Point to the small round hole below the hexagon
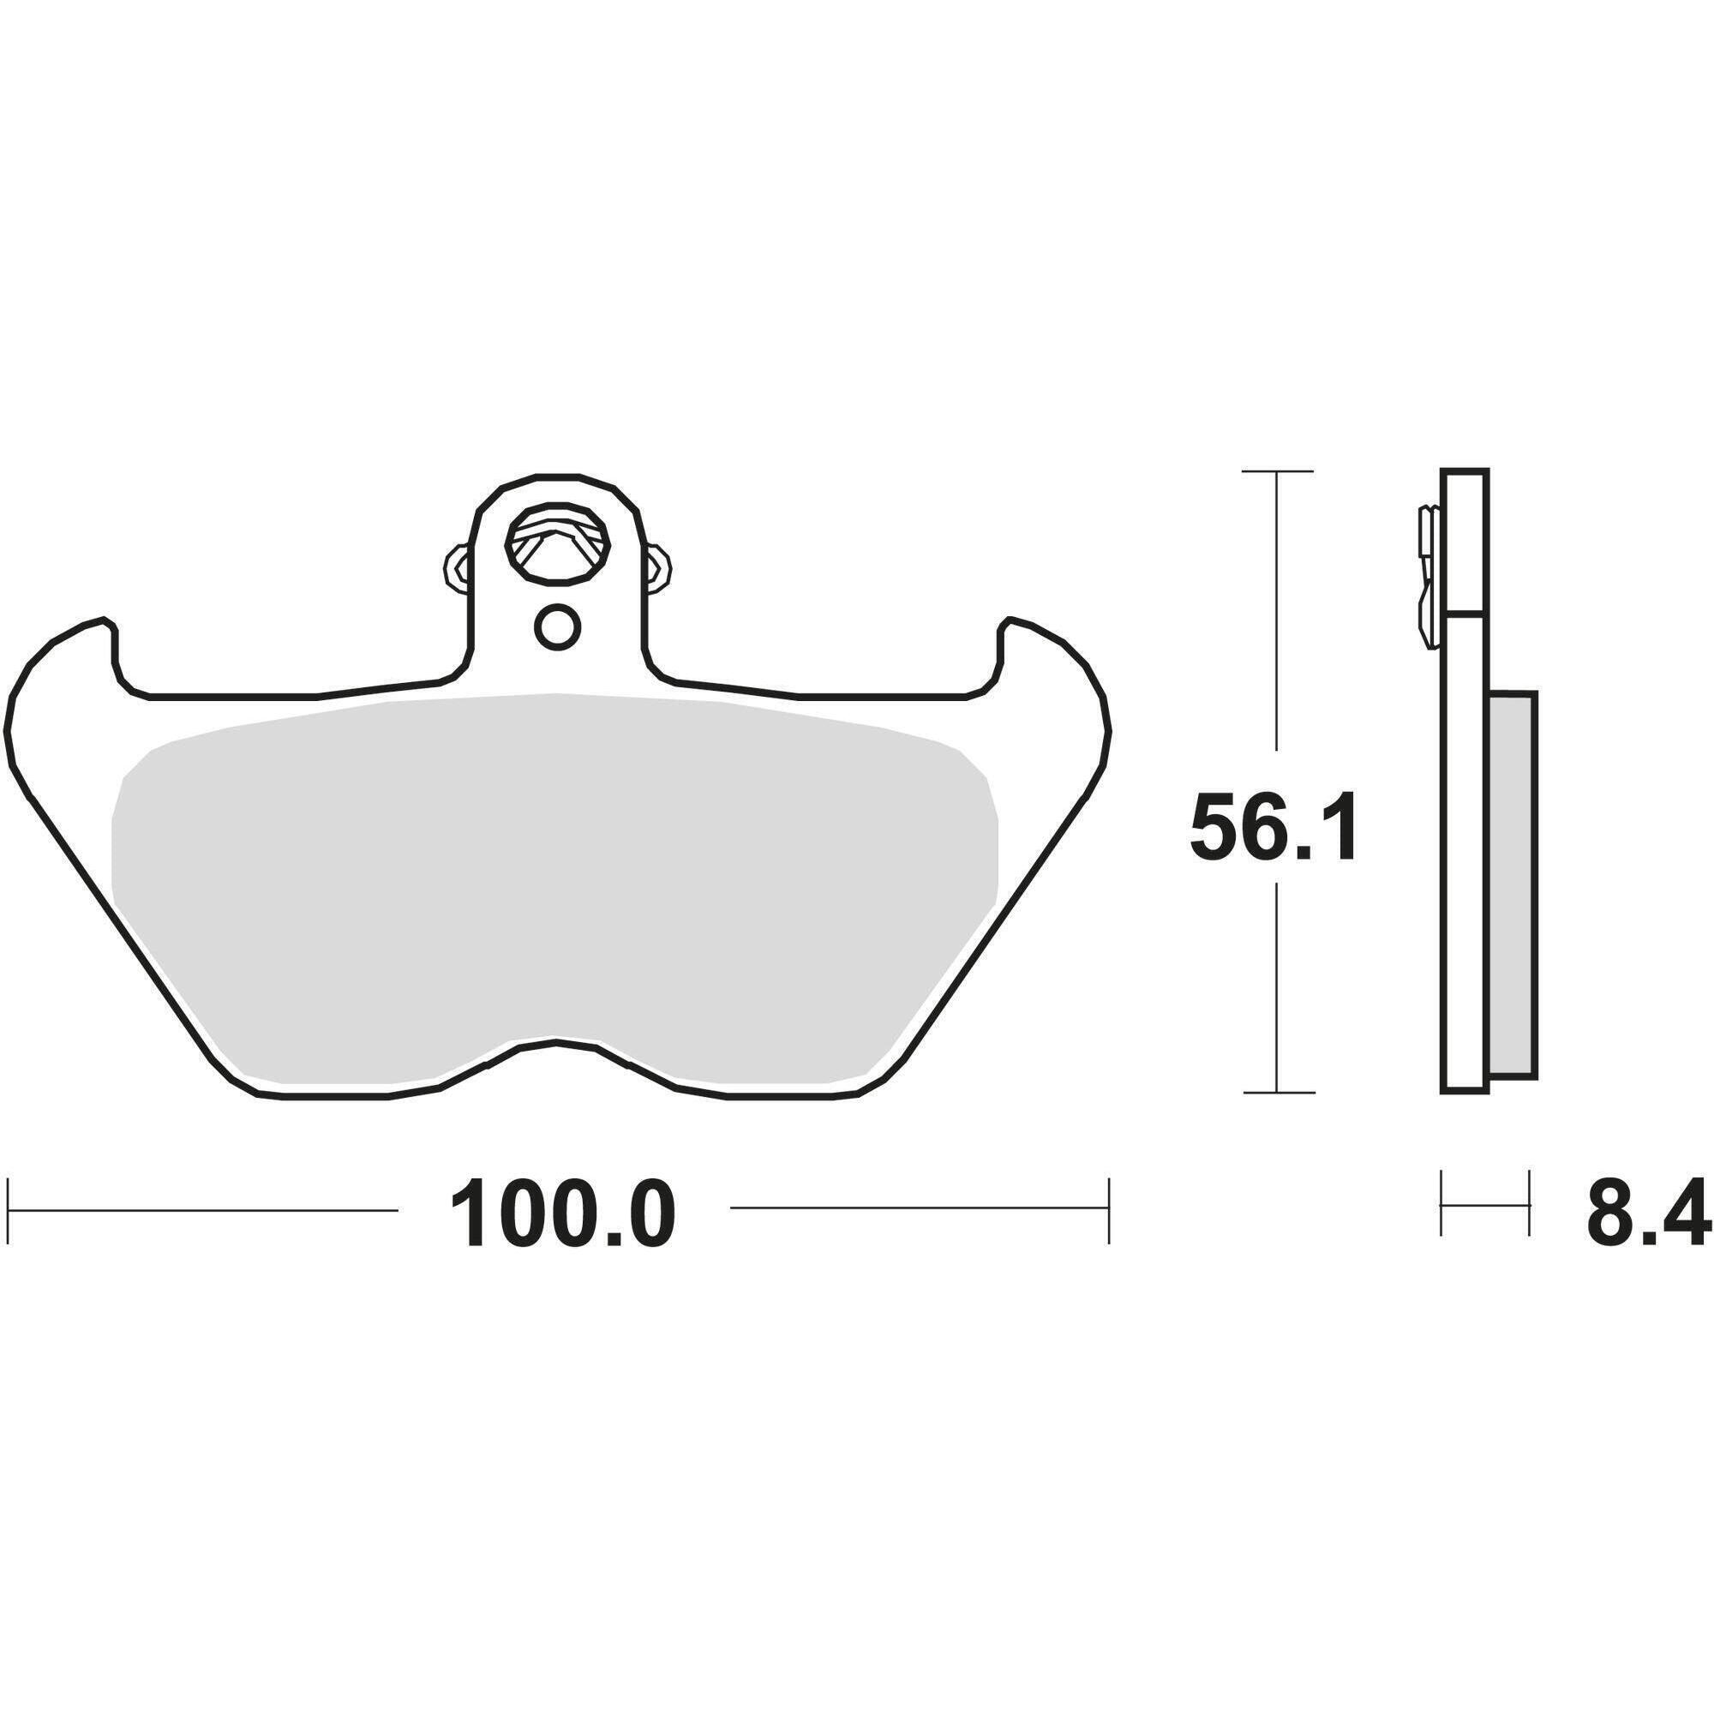(x=557, y=627)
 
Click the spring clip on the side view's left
(x=1427, y=577)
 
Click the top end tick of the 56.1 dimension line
(x=1277, y=471)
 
